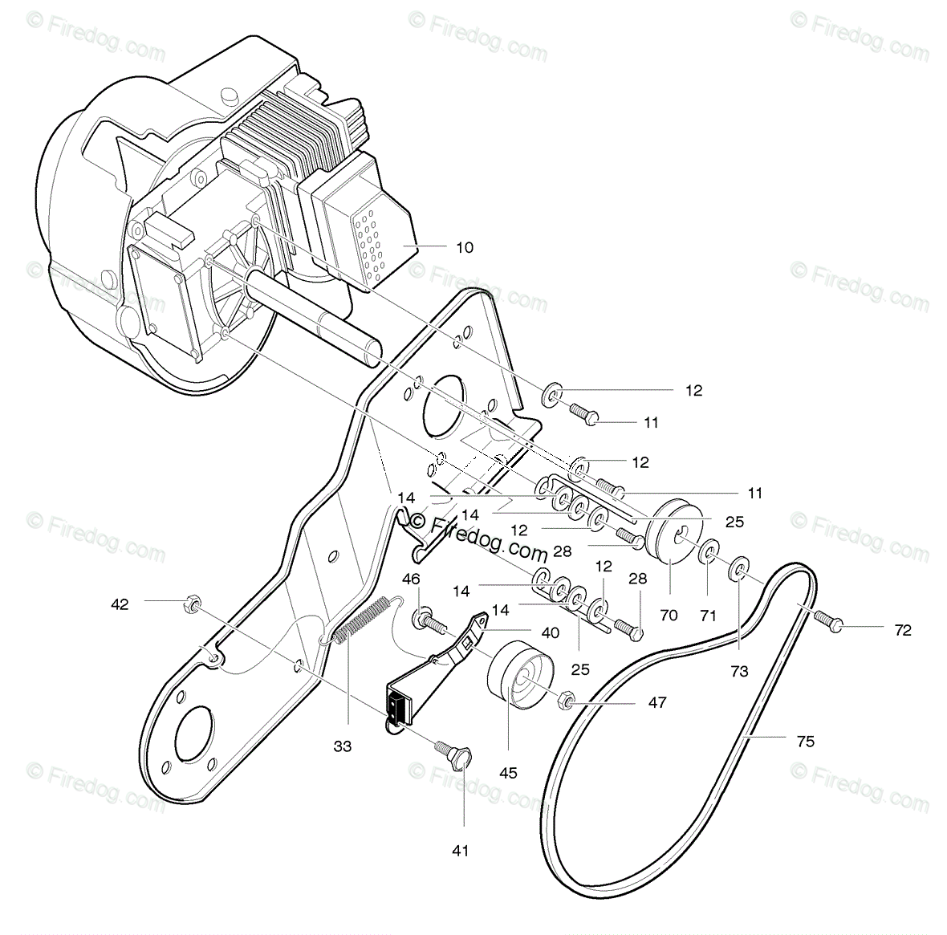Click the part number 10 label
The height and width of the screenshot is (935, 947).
[x=465, y=247]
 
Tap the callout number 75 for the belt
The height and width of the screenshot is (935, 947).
[x=805, y=742]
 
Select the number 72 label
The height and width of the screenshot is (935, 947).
[x=902, y=630]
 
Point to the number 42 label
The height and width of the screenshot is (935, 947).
[x=120, y=604]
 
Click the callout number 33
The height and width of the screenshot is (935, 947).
[x=343, y=746]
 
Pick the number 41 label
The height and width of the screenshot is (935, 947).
[x=461, y=851]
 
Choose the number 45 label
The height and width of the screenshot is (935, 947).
[x=508, y=774]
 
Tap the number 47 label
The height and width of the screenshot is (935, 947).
[x=657, y=702]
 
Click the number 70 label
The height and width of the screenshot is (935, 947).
[x=669, y=616]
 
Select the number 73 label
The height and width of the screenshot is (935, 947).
[x=739, y=671]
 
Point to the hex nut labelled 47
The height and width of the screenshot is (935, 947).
[x=565, y=701]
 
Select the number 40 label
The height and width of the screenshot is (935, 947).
[x=550, y=632]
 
